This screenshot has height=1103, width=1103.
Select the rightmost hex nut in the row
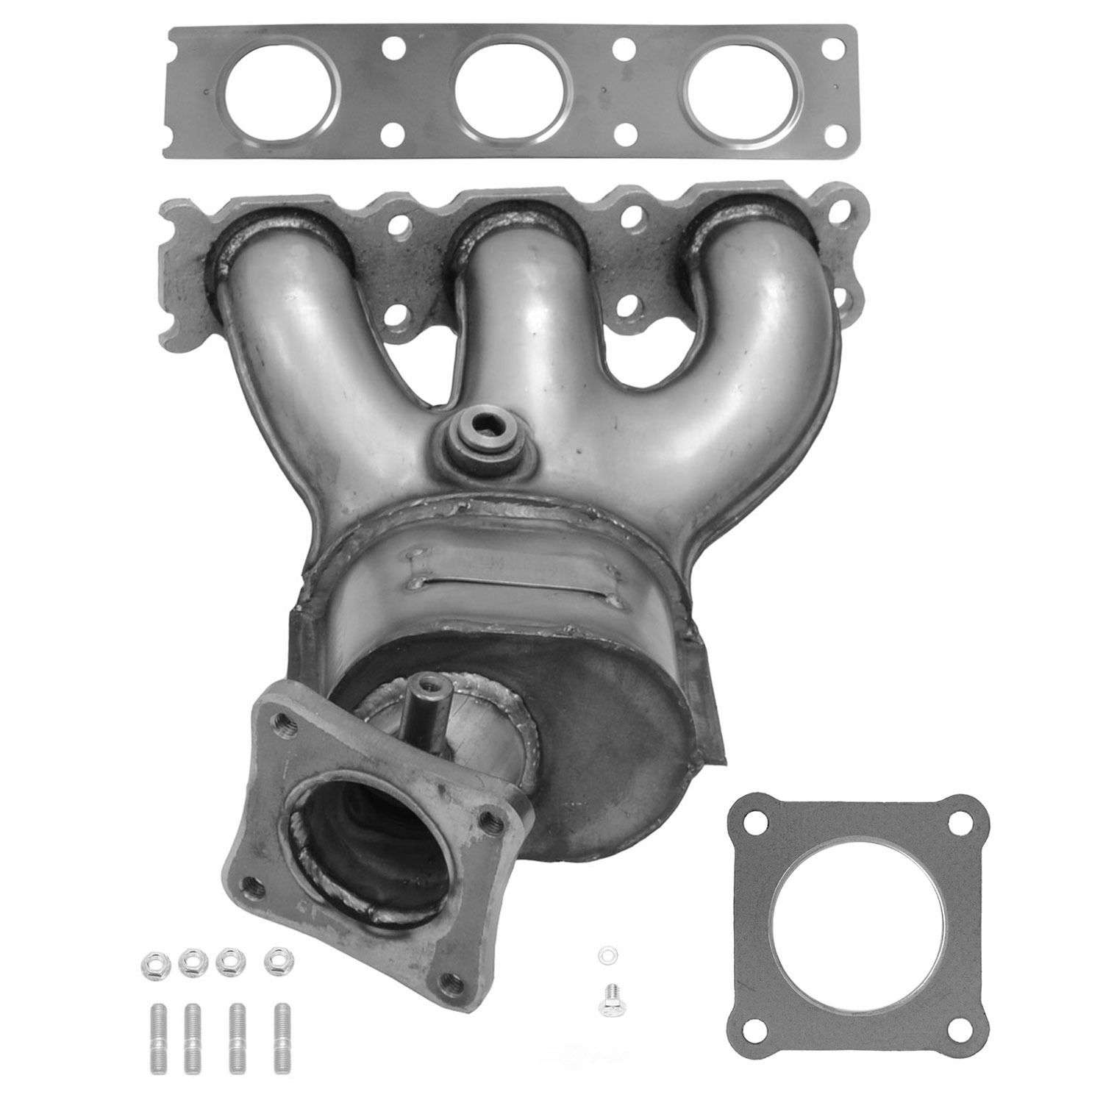[x=276, y=959]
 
